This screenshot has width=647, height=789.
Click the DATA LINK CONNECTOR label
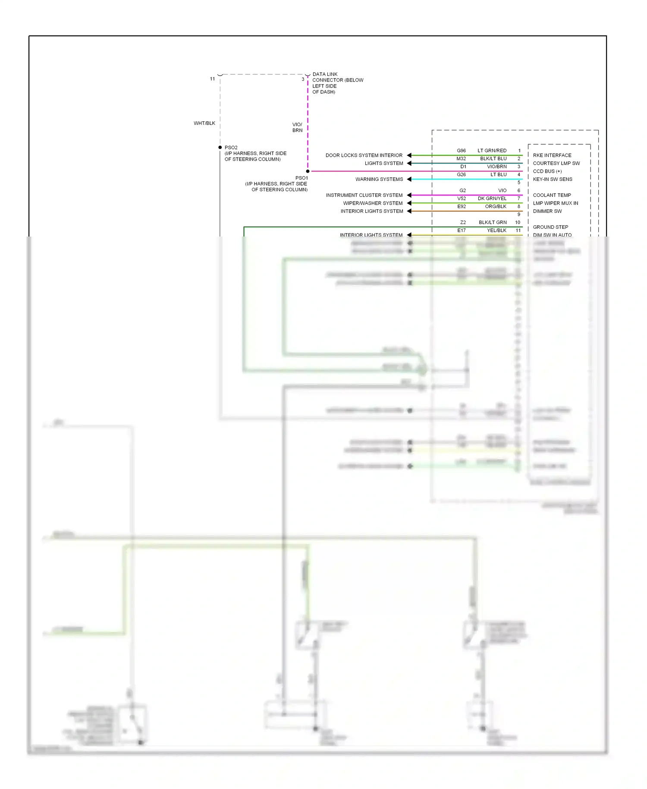[x=337, y=83]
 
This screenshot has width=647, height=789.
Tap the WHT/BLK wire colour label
[x=204, y=123]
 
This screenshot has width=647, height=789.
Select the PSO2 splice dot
[x=220, y=148]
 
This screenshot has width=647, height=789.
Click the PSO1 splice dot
[x=308, y=171]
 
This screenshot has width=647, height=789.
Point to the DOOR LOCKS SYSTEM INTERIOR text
[x=364, y=155]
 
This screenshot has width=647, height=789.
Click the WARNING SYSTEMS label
[x=379, y=180]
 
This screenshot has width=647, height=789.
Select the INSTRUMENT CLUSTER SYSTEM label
[x=364, y=196]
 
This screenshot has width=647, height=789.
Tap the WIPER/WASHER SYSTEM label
[x=372, y=203]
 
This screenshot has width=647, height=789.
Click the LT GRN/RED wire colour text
[x=492, y=151]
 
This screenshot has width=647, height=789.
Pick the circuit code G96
[x=461, y=151]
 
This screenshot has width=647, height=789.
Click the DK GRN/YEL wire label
[x=492, y=199]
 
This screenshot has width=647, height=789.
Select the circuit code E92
[x=461, y=207]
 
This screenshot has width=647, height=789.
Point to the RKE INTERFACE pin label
[x=552, y=155]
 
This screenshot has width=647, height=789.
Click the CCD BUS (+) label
[x=547, y=171]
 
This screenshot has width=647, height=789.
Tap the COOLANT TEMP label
[x=552, y=196]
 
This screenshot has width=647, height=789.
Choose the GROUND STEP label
[x=550, y=227]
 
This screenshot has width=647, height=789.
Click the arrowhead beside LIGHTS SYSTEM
[x=409, y=163]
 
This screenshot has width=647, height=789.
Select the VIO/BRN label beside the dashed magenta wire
[x=297, y=127]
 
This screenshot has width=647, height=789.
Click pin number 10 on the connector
[x=518, y=223]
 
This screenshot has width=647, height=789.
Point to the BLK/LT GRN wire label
[x=492, y=223]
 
